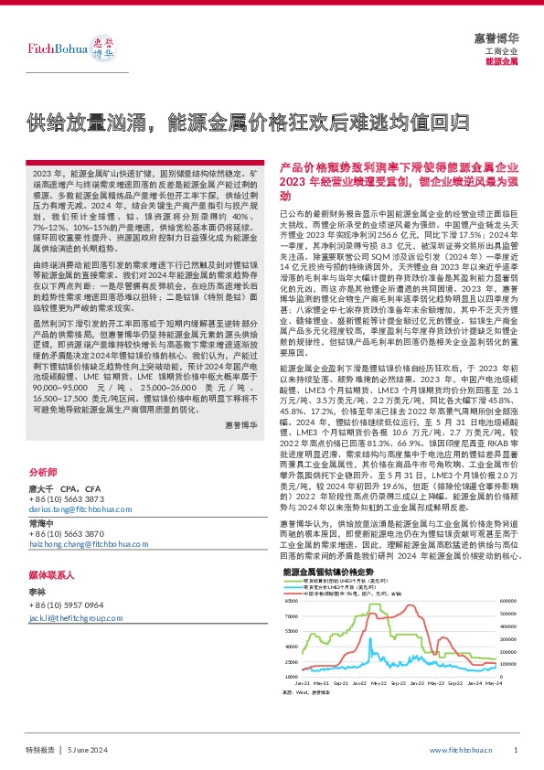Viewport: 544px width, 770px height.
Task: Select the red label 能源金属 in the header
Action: [502, 61]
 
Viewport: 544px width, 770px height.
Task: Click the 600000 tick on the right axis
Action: [507, 600]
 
